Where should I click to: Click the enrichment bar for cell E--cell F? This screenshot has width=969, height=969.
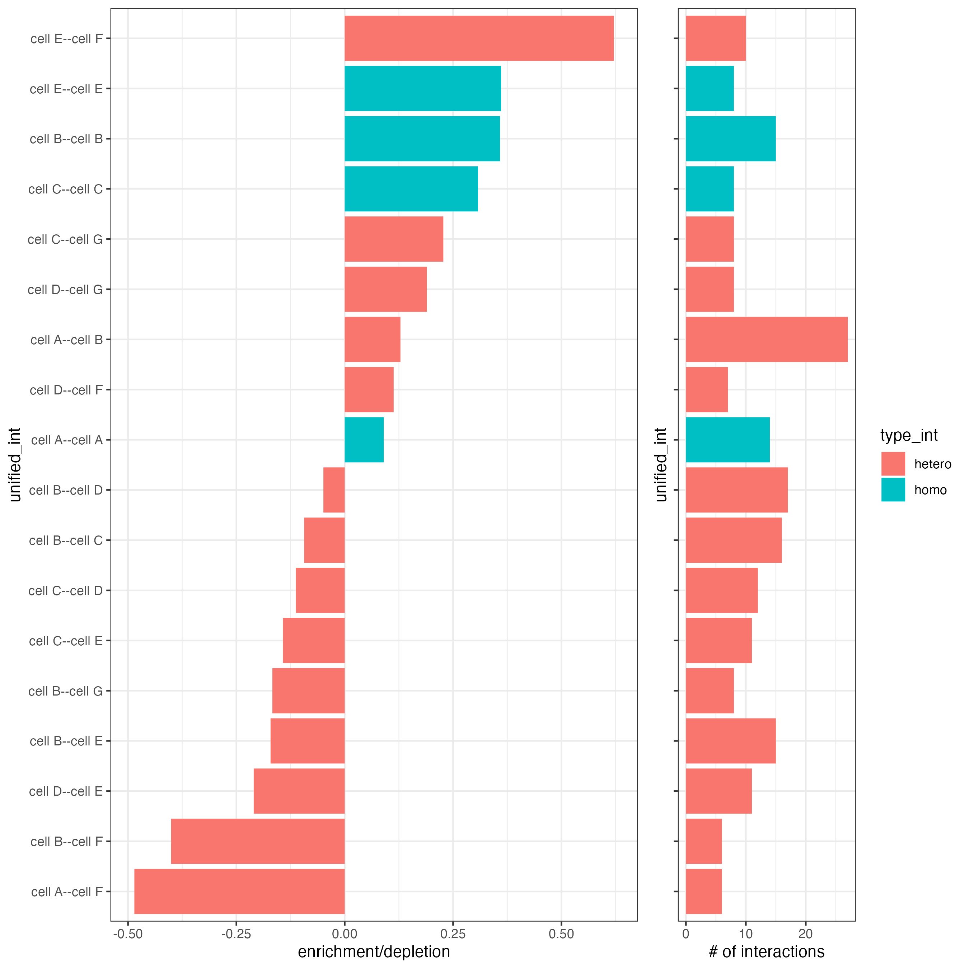(479, 39)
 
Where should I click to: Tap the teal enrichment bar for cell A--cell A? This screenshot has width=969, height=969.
(364, 440)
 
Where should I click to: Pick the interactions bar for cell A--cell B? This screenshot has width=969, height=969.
(766, 340)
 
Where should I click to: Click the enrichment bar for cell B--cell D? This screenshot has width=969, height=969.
(334, 490)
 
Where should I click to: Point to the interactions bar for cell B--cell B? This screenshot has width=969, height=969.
(730, 139)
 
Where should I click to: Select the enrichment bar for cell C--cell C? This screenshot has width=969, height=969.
(411, 189)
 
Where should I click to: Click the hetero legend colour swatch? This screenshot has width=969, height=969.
(893, 463)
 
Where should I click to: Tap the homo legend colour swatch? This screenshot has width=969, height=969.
(893, 490)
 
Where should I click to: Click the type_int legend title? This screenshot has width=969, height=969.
(909, 435)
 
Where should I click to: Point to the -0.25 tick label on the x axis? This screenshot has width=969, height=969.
(236, 934)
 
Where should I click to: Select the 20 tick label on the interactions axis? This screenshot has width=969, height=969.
(805, 934)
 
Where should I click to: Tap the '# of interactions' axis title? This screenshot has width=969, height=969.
(766, 952)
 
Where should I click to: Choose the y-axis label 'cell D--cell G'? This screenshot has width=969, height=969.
(65, 289)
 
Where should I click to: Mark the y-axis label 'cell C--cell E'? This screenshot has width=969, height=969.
(66, 641)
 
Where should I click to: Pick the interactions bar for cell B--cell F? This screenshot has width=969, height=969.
(704, 841)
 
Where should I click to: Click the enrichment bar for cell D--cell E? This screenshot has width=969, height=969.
(299, 791)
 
